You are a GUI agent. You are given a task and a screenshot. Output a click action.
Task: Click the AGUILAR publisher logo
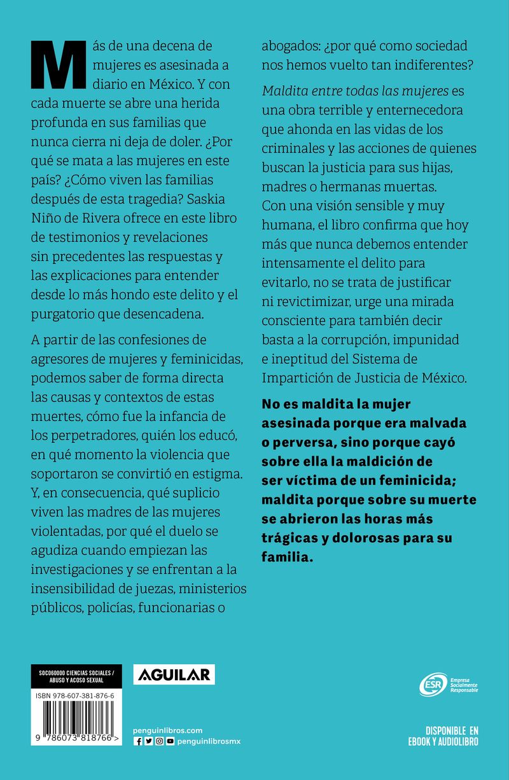point(174,674)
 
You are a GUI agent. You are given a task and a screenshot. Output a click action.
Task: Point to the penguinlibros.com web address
point(168,730)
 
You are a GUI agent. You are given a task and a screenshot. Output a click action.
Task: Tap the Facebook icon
point(137,742)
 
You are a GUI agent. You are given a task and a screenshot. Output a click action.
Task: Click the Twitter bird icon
point(148,742)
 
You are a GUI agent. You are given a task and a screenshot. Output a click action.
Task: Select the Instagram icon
point(159,742)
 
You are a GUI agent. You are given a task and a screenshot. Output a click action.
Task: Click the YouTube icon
point(170,742)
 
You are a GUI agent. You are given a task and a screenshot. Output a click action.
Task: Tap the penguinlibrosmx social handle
point(209,742)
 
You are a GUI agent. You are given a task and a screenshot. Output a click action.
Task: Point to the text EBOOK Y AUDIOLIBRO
point(443,742)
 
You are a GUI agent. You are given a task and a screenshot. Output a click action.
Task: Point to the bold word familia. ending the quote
point(288,557)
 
